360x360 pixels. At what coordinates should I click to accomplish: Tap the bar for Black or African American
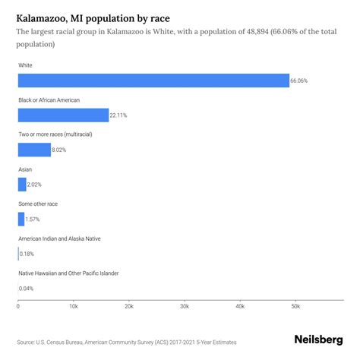point(63,115)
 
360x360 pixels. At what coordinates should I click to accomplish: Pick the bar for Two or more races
point(34,150)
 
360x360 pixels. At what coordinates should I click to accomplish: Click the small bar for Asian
point(22,184)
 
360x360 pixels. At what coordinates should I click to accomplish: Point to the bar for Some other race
point(21,219)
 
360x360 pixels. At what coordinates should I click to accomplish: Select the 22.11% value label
point(118,115)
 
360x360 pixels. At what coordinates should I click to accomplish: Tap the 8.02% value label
point(59,150)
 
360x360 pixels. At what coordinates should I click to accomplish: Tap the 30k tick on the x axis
point(185,306)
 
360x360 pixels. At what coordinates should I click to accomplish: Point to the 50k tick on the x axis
point(295,306)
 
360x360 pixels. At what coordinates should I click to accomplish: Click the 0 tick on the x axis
point(18,306)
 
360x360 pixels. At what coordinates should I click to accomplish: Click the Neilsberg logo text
point(318,341)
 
